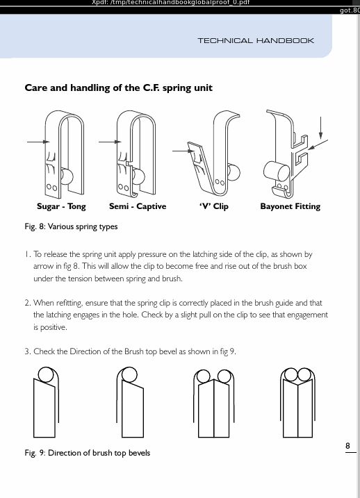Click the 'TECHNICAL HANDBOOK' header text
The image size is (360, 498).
click(256, 41)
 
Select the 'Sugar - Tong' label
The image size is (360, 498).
click(61, 206)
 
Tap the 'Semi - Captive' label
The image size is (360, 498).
click(138, 206)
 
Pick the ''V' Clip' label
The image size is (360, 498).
click(214, 206)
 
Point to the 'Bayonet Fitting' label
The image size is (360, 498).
click(290, 206)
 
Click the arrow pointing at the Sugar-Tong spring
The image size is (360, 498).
click(38, 142)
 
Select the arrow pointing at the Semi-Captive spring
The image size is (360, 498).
click(110, 142)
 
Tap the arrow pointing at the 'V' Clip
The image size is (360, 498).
click(183, 151)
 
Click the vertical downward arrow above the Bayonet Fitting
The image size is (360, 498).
click(320, 128)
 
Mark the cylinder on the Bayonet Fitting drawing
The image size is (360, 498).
click(277, 172)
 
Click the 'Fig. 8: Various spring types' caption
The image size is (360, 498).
click(71, 226)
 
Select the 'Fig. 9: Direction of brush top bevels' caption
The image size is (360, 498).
click(88, 453)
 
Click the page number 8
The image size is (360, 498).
click(347, 446)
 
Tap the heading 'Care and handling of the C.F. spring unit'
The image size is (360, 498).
click(119, 88)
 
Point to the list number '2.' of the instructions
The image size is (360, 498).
click(28, 303)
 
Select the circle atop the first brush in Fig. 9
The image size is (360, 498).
click(46, 374)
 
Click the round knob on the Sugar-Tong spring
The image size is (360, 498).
click(67, 176)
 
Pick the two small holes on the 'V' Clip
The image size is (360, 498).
click(220, 182)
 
